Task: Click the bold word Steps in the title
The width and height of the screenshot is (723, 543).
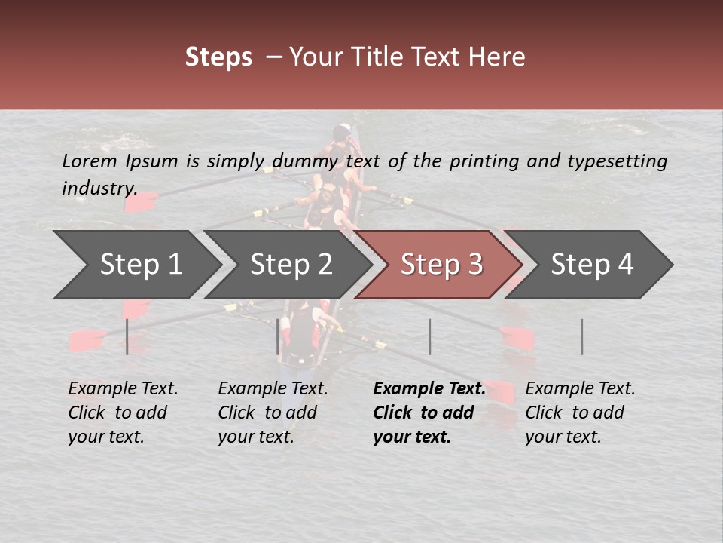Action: click(x=218, y=57)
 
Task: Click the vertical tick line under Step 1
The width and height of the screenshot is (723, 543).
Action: click(x=127, y=336)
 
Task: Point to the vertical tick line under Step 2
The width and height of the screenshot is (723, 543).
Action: click(x=277, y=336)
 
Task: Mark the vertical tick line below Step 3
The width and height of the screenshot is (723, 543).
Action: click(x=429, y=336)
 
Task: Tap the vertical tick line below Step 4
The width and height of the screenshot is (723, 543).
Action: click(x=581, y=336)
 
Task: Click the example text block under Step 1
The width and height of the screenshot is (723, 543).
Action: click(x=123, y=413)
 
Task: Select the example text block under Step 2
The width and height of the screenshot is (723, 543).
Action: click(x=273, y=413)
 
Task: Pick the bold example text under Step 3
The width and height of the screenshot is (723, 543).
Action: click(x=429, y=413)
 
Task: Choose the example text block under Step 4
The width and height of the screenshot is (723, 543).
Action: click(x=580, y=413)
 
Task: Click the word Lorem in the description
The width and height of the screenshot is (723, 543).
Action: click(x=89, y=161)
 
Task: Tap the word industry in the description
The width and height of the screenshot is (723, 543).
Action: click(x=99, y=188)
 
